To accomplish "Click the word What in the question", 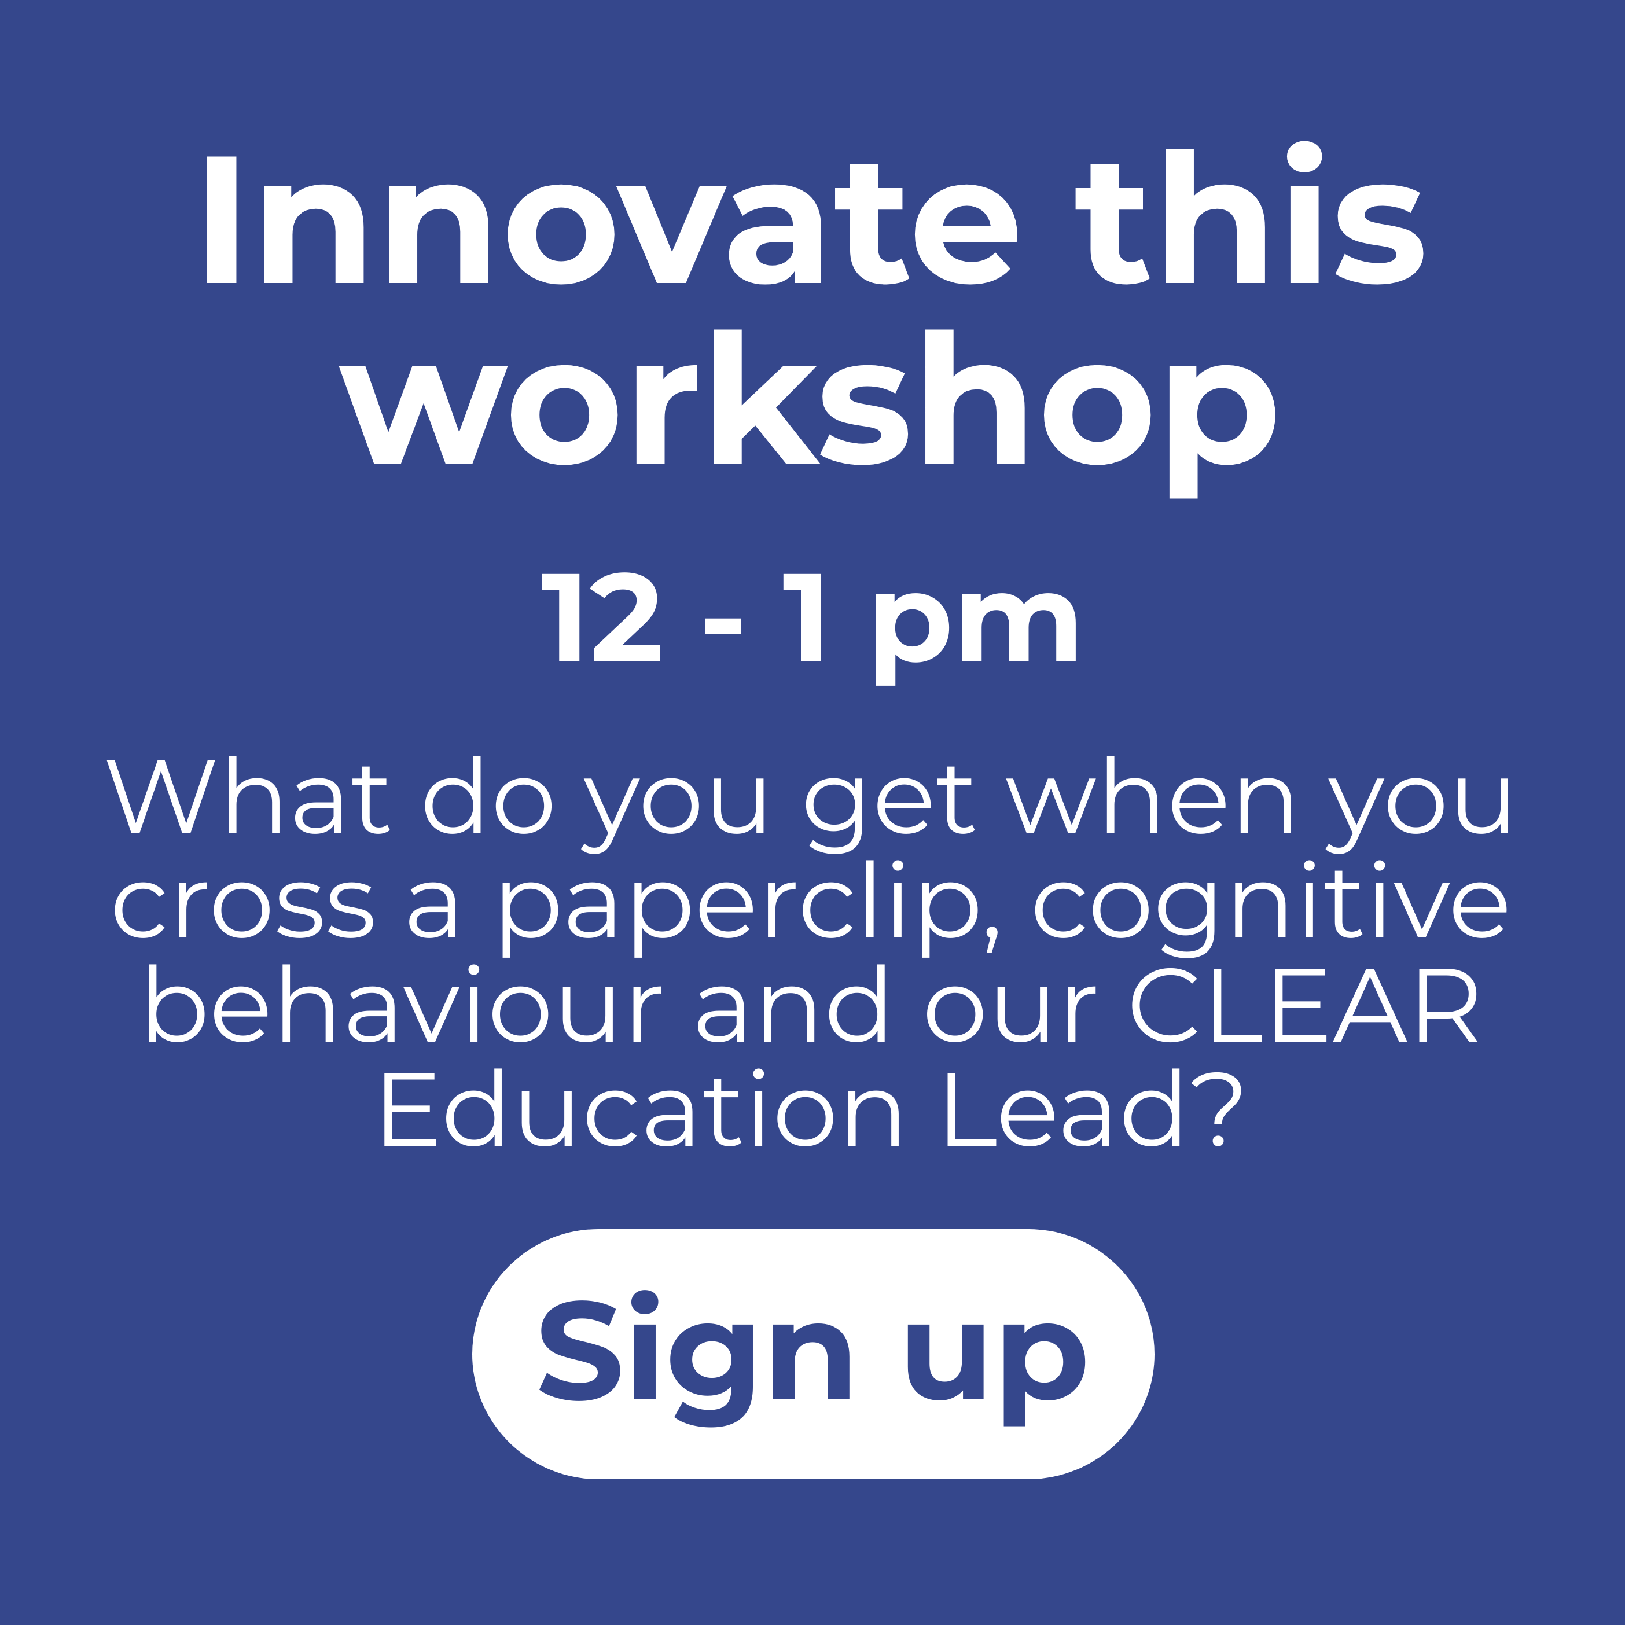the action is (x=247, y=796).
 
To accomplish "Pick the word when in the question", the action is (x=1150, y=796).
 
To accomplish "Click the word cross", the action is (x=243, y=909).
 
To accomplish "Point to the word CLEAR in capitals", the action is (x=1304, y=1006).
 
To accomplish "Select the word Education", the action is (x=640, y=1109).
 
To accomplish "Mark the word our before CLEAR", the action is (x=1011, y=1013).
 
